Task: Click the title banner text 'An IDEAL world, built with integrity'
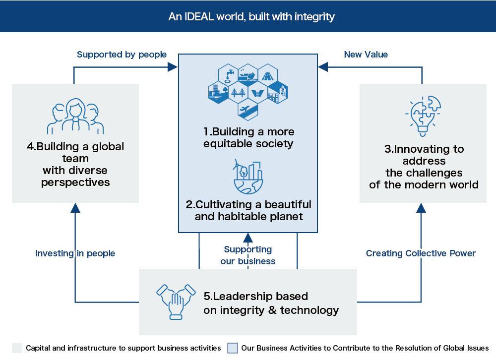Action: (x=251, y=16)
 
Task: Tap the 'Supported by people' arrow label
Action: (x=122, y=55)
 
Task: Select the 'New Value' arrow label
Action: (x=366, y=55)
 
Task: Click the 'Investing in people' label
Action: (x=75, y=253)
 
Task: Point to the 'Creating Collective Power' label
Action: (x=421, y=253)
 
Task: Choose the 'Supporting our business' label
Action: (x=248, y=255)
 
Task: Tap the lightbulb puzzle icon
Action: (x=423, y=116)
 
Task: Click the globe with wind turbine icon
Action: (x=248, y=177)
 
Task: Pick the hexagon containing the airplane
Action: (x=248, y=110)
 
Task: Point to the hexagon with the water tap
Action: (x=228, y=76)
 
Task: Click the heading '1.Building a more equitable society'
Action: (x=248, y=138)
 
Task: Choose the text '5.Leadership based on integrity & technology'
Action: (x=271, y=303)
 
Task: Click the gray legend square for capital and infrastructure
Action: (x=17, y=348)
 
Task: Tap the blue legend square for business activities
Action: (x=233, y=348)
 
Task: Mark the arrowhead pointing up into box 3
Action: (x=421, y=207)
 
